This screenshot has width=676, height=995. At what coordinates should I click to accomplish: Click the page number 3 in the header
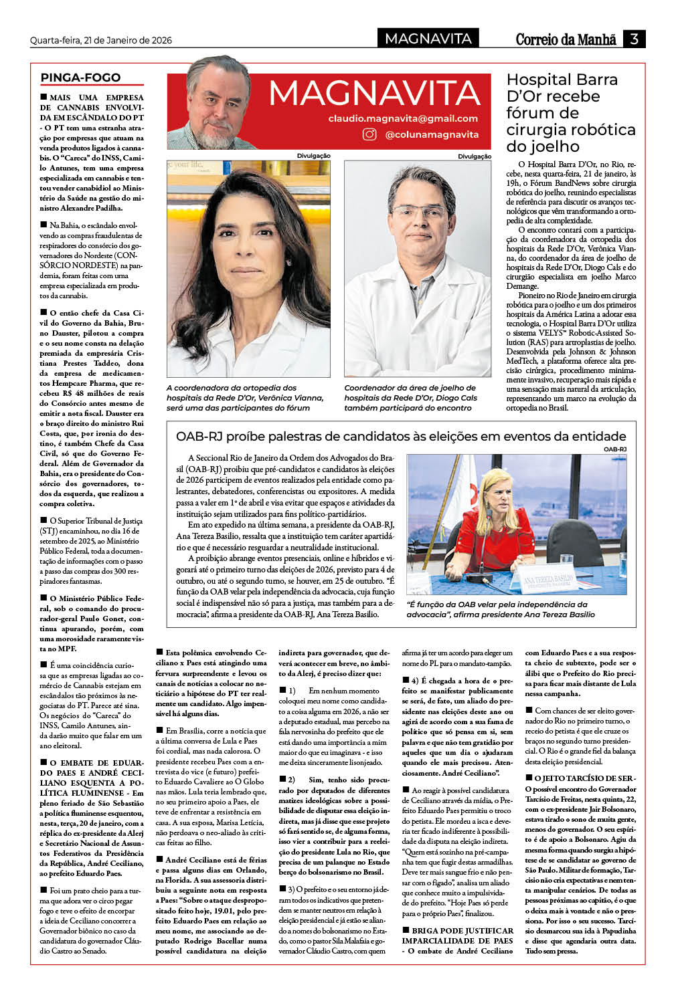(634, 39)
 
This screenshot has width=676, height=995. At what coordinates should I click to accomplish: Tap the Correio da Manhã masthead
(566, 39)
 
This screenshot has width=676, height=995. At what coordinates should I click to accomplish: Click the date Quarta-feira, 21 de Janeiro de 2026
(101, 40)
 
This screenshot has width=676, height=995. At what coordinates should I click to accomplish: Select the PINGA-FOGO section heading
(81, 78)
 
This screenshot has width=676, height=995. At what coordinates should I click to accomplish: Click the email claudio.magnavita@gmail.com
(403, 118)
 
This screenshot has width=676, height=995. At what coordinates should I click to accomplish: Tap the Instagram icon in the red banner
(369, 134)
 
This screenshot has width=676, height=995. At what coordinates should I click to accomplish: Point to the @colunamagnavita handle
(432, 134)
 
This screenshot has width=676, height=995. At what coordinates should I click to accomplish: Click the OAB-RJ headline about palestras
(401, 436)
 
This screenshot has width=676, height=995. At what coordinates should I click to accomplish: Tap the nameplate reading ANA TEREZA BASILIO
(548, 579)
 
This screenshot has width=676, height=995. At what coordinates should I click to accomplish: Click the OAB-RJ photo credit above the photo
(614, 449)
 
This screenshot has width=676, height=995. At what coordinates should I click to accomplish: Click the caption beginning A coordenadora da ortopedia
(244, 397)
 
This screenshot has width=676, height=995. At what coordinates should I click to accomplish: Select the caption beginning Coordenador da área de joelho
(410, 397)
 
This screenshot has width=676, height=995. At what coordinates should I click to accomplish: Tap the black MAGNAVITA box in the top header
(428, 39)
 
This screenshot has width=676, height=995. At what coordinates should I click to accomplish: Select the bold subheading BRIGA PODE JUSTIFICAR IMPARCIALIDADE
(458, 935)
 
